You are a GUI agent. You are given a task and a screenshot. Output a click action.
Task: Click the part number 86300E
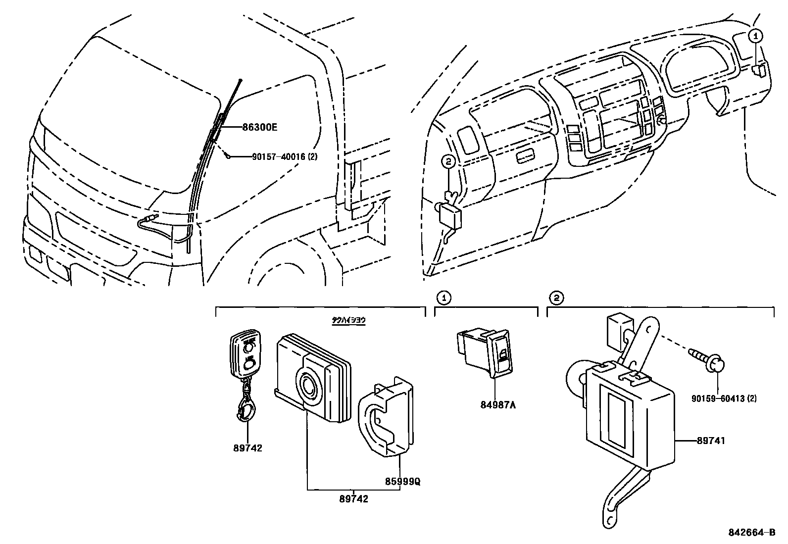coord(259,127)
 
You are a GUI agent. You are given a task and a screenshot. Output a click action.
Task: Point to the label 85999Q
coord(403,481)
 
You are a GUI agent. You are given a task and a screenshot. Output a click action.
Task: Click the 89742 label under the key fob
coord(247,448)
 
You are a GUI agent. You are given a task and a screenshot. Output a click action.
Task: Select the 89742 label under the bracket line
coord(353,499)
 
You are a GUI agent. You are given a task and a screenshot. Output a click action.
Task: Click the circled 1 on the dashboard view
coord(755,35)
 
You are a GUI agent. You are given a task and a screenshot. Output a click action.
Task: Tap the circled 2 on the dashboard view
coord(448,160)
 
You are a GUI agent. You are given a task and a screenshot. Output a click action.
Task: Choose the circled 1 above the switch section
coord(444,298)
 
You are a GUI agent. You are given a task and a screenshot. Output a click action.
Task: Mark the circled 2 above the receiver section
coord(556,298)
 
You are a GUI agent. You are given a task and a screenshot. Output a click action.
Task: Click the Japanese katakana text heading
coord(348,321)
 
